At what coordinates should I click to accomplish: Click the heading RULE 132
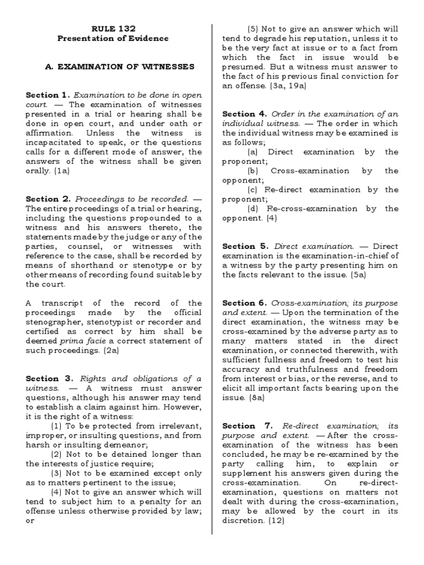[x=113, y=29]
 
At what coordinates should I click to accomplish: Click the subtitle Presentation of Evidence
[x=113, y=39]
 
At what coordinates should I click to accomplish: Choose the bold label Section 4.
[x=245, y=114]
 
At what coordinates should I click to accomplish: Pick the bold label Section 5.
[x=245, y=246]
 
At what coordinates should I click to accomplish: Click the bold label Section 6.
[x=245, y=303]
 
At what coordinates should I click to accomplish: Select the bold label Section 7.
[x=245, y=426]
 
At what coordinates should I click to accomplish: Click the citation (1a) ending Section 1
[x=65, y=171]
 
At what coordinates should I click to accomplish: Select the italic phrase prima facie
[x=77, y=340]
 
